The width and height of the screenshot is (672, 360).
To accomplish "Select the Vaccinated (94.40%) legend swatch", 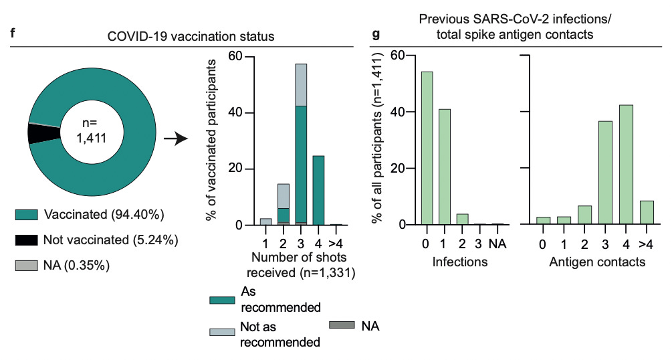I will tap(26, 215).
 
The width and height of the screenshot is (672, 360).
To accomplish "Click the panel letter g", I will tap(376, 35).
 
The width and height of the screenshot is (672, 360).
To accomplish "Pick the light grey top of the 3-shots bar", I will tap(302, 84).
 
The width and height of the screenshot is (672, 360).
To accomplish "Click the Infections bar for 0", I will tap(427, 148).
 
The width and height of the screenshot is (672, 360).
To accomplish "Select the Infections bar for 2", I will tap(463, 219).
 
